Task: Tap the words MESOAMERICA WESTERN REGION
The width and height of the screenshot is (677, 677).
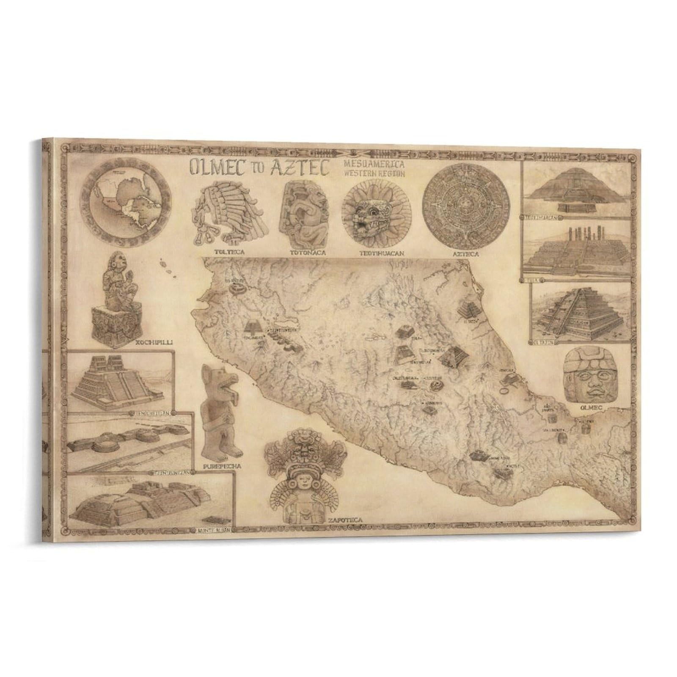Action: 375,169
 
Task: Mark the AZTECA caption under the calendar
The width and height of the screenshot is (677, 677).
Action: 465,254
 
